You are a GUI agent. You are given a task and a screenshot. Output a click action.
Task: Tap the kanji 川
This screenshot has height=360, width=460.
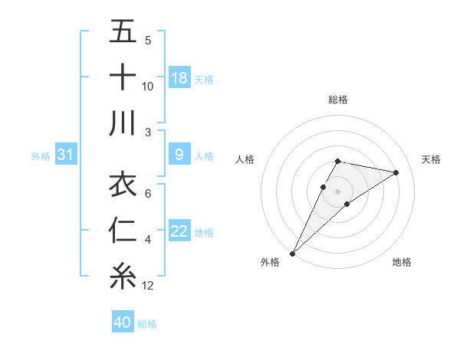[x=123, y=123]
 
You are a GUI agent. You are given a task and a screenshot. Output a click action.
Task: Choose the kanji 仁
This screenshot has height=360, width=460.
[x=123, y=231]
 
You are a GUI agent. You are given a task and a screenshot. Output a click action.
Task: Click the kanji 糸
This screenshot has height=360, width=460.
[x=123, y=276]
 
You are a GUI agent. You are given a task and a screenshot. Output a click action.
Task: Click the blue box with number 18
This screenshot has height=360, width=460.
[x=179, y=78]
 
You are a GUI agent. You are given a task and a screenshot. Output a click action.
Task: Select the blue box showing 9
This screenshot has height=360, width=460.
[x=179, y=155]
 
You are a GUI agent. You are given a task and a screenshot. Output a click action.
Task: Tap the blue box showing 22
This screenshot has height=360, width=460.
[x=179, y=232]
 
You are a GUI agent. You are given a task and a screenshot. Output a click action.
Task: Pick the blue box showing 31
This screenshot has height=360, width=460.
[x=65, y=155]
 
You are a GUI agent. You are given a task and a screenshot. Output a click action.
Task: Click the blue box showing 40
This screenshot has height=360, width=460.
[x=123, y=322]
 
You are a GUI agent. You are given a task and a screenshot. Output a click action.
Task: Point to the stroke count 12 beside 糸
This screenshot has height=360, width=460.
[x=148, y=286]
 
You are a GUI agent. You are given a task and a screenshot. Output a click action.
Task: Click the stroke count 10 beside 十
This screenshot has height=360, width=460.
[x=148, y=87]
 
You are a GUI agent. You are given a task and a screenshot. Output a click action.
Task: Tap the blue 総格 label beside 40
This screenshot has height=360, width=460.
[x=147, y=324]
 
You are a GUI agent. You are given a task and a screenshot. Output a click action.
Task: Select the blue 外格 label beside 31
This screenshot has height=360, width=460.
[x=41, y=156]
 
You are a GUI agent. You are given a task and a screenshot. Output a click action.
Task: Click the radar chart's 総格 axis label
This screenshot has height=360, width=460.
[x=337, y=100]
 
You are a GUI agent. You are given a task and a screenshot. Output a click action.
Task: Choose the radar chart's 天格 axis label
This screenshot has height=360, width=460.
[x=432, y=159]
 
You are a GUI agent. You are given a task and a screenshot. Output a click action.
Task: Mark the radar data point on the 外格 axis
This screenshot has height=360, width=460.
[x=292, y=253]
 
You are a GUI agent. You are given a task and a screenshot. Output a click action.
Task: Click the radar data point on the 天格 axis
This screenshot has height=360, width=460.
[x=396, y=172]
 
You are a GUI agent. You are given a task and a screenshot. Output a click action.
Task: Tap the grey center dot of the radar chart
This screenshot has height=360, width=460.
[x=337, y=191]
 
